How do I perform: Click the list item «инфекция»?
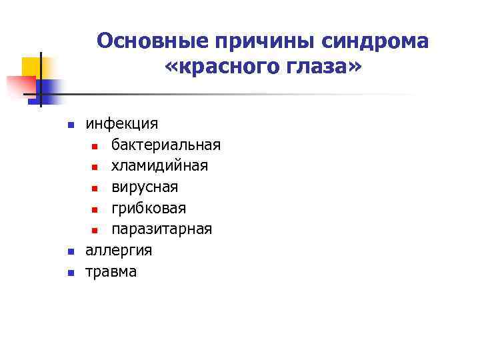tap(122, 124)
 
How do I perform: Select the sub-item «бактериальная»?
tap(166, 145)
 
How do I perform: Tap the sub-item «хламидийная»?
tap(159, 166)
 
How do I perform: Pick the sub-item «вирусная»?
tap(145, 187)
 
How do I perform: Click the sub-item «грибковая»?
tap(149, 209)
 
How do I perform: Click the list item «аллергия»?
tap(119, 251)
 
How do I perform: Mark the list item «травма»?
tap(111, 271)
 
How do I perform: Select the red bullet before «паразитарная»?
tap(95, 230)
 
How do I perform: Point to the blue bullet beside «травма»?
tap(70, 272)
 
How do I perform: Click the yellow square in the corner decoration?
tap(32, 67)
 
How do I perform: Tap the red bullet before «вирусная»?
tap(95, 188)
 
